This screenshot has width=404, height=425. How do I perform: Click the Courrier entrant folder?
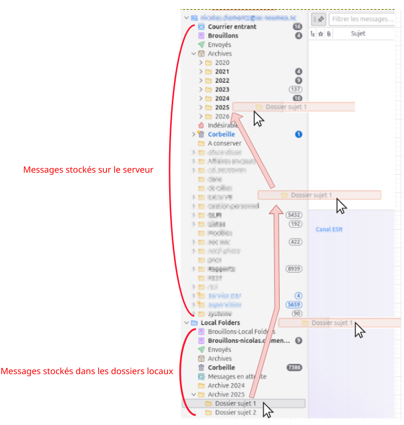pos(232,27)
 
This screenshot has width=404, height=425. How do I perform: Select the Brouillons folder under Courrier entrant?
pos(223,36)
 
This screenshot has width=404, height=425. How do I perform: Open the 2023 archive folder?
pos(222,89)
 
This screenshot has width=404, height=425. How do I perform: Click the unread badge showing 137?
pos(296,89)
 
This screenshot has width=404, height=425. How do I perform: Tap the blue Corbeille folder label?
pos(221,135)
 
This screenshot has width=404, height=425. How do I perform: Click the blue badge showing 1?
pos(298,135)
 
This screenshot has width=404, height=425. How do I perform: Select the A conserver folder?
pos(224,143)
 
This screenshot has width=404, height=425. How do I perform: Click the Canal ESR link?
pos(329,229)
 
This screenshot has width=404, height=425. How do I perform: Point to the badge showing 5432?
pos(294,215)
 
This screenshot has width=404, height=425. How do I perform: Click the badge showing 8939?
pos(294,269)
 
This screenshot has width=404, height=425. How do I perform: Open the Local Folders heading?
pos(220,323)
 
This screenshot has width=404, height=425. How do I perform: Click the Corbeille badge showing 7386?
pos(294,367)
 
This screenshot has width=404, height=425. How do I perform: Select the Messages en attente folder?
pos(237,377)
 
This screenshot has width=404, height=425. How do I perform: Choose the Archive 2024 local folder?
pos(226,385)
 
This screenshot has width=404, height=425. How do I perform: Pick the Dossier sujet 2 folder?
pos(235,413)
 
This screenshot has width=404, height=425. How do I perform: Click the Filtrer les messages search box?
pos(362,19)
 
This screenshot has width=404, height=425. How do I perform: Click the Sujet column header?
pos(358,34)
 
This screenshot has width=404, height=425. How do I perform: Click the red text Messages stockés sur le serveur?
pos(88,169)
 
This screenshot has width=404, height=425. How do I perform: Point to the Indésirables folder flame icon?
pos(201,125)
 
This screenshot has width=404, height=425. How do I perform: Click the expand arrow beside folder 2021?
pos(201,71)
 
